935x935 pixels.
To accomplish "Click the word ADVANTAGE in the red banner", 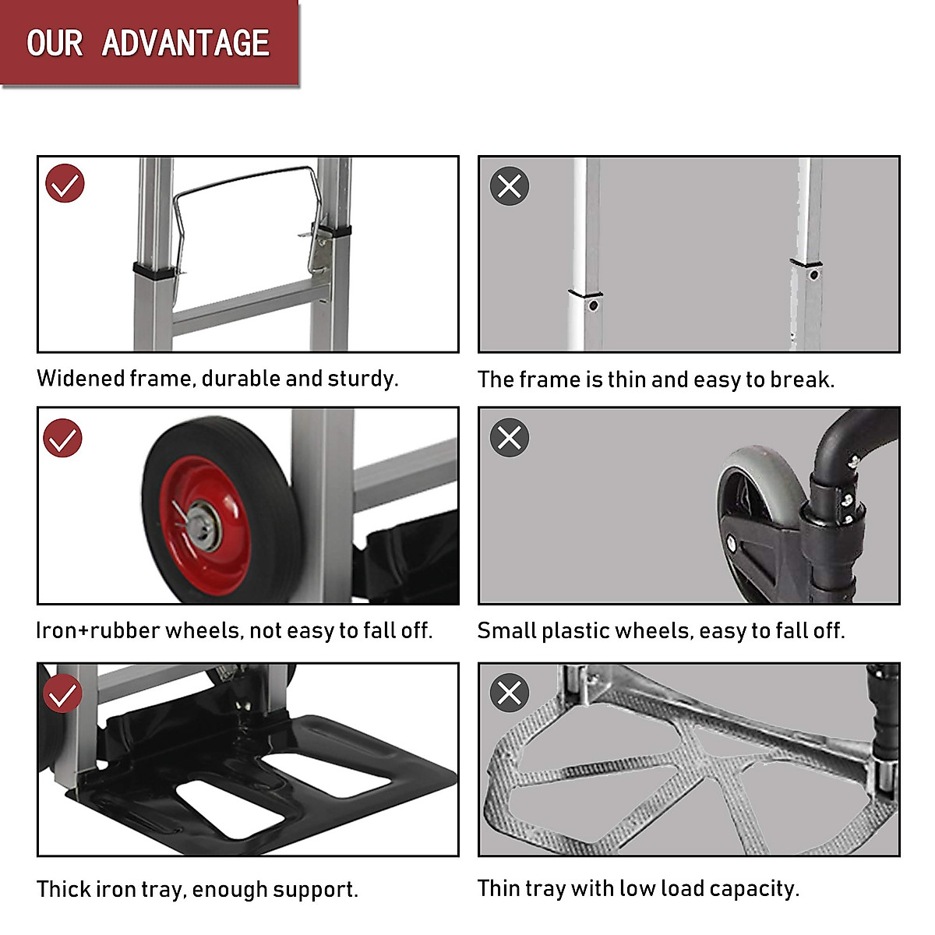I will (x=185, y=44).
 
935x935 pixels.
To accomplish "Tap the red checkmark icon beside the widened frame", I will (x=65, y=184).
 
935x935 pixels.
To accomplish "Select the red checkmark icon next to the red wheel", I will (x=62, y=438).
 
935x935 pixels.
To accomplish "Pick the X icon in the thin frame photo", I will (x=510, y=186).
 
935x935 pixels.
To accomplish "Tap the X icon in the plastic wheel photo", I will (x=510, y=437).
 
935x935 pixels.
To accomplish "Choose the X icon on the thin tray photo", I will (x=510, y=692).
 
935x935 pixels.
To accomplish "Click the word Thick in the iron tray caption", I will (x=63, y=889).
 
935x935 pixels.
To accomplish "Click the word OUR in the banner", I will (x=55, y=44).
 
